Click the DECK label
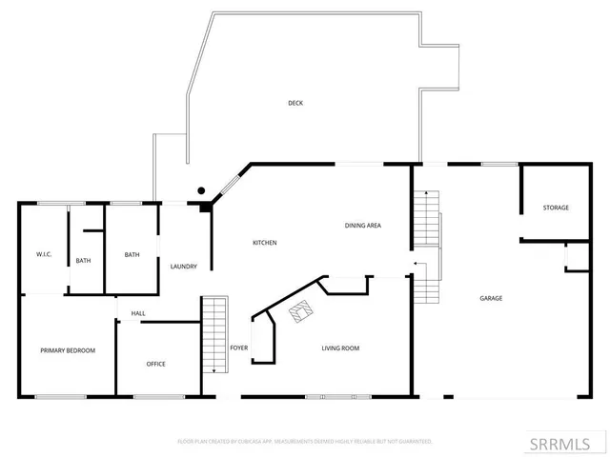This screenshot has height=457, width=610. pos(295,103)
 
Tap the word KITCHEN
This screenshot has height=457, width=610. pos(265,244)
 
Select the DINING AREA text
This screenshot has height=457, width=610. pos(363,226)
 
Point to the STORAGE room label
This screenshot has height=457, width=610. pos(556,208)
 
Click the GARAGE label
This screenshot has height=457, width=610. pos(491,298)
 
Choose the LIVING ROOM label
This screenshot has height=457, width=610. pos(338,348)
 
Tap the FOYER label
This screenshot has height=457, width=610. pos(239,348)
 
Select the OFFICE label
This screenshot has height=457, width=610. pos(156,364)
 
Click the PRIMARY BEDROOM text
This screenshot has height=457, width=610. pos(68,350)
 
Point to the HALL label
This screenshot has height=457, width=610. pos(138,313)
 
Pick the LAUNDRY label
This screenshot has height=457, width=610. pos(183,267)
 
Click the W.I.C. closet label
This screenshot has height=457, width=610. pos(44,254)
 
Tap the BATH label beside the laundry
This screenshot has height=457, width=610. pos(132,254)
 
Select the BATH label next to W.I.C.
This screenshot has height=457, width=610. pos(84,260)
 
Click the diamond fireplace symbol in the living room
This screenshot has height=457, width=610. pos(303,311)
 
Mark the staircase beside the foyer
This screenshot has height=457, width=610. pos(215,333)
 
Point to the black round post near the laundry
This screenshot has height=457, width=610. pos(202,190)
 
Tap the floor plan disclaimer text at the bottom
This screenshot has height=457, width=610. pos(305,442)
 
